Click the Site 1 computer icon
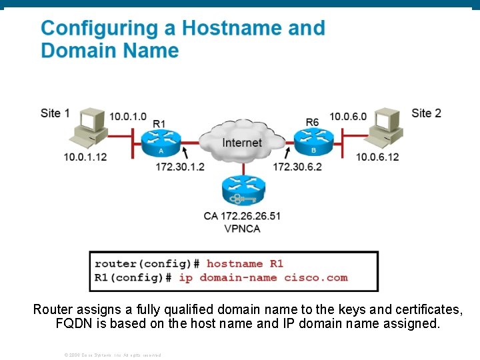tap(87, 129)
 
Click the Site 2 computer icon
tap(384, 129)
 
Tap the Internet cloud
tap(242, 142)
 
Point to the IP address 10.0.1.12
tap(85, 157)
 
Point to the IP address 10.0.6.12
tap(377, 157)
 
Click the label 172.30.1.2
tap(180, 167)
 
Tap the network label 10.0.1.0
tap(128, 117)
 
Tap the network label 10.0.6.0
tap(348, 117)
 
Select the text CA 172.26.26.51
tap(242, 216)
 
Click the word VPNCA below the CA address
tap(242, 229)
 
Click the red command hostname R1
tap(245, 264)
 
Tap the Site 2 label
tap(426, 113)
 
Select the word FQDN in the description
tap(73, 324)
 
